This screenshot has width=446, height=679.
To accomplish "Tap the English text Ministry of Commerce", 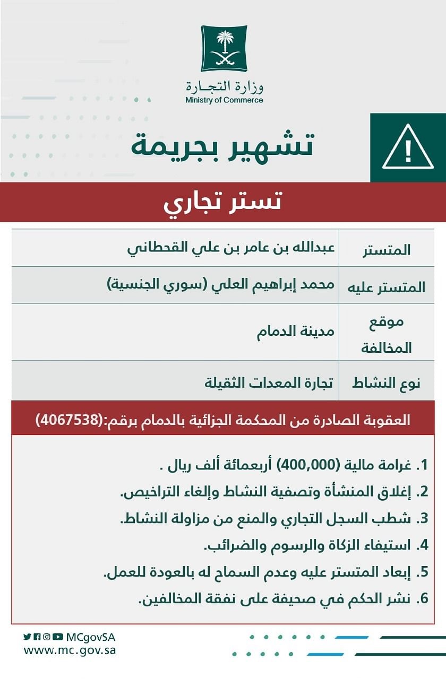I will tap(224, 100).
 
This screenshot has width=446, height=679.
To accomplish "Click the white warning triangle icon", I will tap(408, 147).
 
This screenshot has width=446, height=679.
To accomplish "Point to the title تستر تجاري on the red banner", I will tap(222, 203).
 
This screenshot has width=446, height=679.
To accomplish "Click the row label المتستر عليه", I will tap(386, 288).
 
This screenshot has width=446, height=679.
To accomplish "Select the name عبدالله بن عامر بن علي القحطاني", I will tap(230, 248).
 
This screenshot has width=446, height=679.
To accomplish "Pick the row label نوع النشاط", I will tap(386, 383).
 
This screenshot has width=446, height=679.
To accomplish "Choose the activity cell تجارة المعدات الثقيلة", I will tap(269, 381).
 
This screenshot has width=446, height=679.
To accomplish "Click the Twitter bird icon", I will tap(27, 637).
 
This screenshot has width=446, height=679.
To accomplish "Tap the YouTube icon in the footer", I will tap(58, 637).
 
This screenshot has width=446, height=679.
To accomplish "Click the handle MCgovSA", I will tap(91, 637).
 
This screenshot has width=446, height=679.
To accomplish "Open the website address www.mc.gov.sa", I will tap(70, 650).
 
